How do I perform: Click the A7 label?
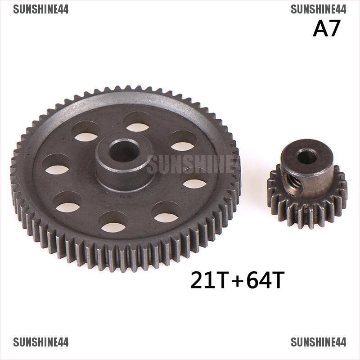(326, 28)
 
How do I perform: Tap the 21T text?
(209, 280)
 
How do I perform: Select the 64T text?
(265, 280)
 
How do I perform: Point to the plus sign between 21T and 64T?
(237, 281)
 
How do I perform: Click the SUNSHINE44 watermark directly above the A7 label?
(318, 9)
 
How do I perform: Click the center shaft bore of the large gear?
(124, 151)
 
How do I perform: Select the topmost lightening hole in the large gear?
(138, 122)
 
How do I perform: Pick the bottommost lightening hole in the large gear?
(113, 222)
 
